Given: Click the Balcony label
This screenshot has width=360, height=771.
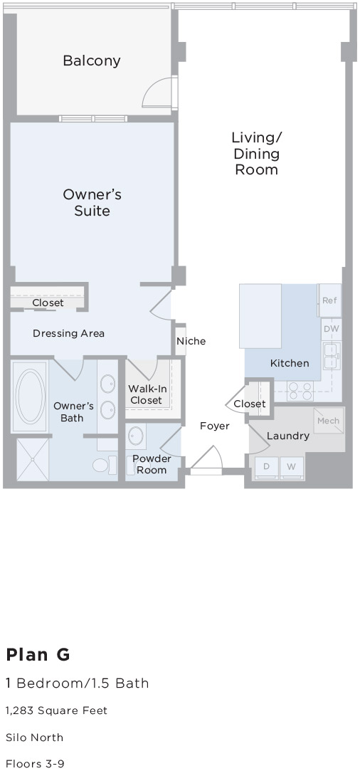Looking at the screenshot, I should tap(91, 61).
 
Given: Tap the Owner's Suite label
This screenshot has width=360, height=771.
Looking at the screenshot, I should tap(92, 202).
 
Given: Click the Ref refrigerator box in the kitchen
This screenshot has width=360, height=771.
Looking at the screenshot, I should tap(329, 300).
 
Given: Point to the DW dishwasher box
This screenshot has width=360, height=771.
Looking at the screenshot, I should tap(332, 329).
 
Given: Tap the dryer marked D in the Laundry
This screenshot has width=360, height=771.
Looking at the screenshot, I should tap(267, 467).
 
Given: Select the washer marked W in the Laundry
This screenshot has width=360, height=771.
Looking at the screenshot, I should tap(291, 467).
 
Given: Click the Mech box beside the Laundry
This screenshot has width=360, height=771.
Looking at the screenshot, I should tap(329, 421).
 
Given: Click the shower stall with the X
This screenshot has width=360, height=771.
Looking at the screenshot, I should tap(31, 458).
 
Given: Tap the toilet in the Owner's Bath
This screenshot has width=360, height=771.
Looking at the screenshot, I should tap(102, 466).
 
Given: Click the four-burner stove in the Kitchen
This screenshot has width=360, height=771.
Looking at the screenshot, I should tap(300, 391).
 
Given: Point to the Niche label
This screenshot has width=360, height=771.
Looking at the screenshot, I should tap(191, 341).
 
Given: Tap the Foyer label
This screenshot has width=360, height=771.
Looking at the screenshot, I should tap(214, 426).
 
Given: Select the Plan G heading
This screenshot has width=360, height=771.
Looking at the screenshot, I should tap(38, 654).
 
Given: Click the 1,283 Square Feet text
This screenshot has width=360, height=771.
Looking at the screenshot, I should tap(56, 710).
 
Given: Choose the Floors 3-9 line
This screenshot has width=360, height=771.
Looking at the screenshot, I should tap(35, 763).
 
